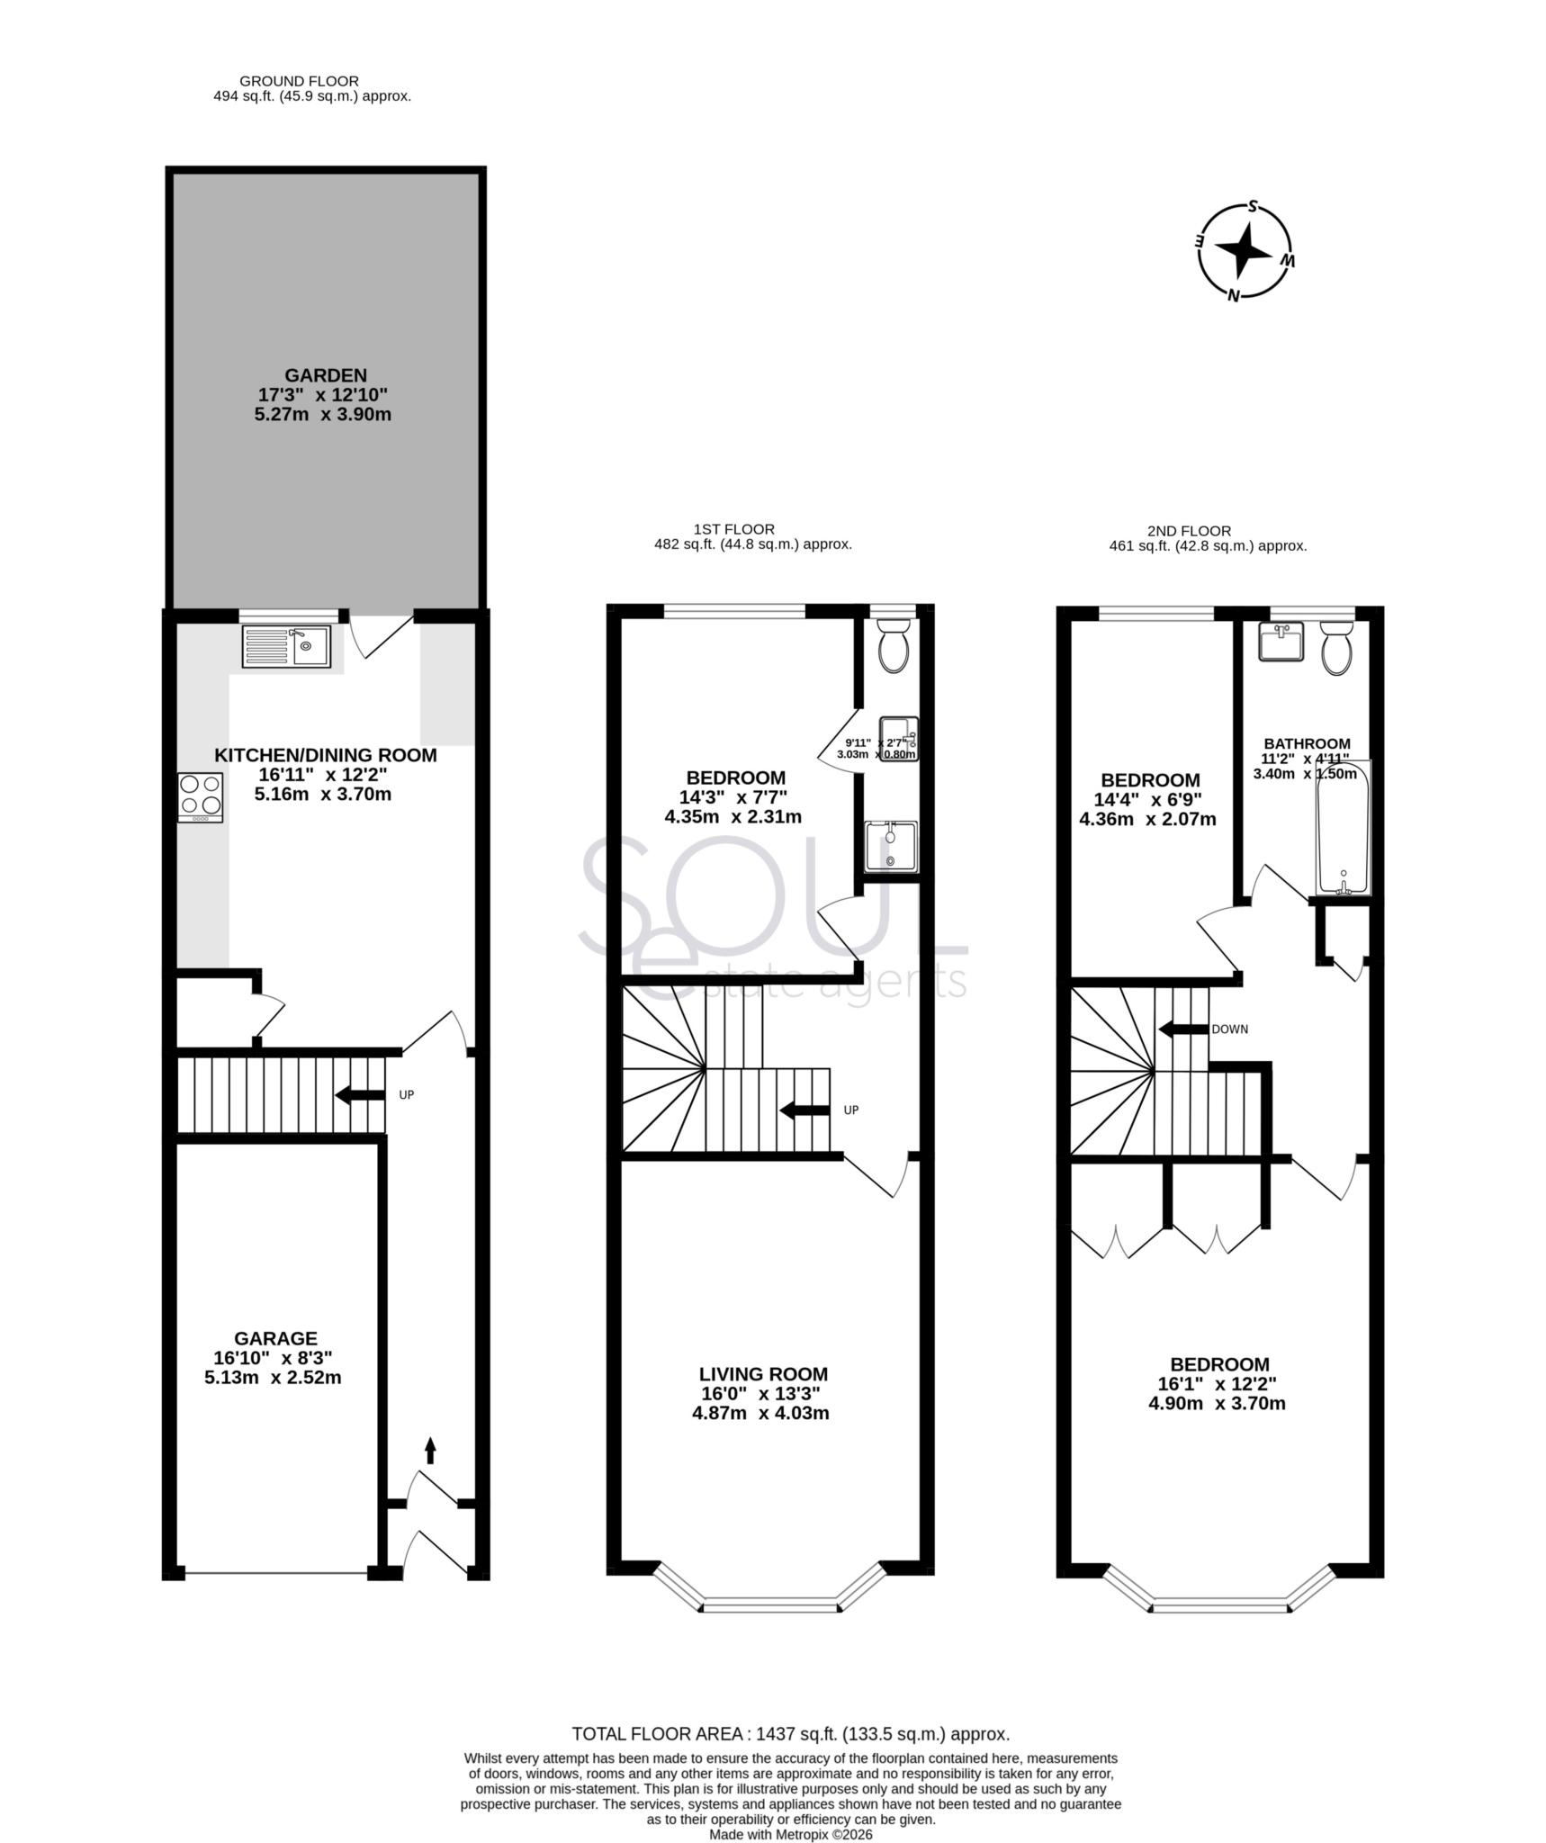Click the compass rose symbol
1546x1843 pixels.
click(x=1245, y=251)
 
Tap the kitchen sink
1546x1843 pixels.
click(x=286, y=645)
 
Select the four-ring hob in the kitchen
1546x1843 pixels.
click(x=201, y=796)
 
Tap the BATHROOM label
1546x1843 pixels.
click(x=1307, y=743)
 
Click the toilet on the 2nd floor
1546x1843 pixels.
click(x=1336, y=650)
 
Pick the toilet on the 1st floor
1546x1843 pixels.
click(x=894, y=646)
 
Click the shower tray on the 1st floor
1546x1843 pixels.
click(x=892, y=847)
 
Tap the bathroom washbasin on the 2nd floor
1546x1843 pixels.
click(x=1281, y=642)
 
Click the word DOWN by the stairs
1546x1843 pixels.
click(x=1229, y=1029)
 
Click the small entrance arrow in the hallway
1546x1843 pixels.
click(x=430, y=1475)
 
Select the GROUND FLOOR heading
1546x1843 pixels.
click(x=299, y=81)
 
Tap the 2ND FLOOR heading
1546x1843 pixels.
click(x=1189, y=531)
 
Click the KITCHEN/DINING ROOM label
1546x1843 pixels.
click(x=325, y=755)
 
